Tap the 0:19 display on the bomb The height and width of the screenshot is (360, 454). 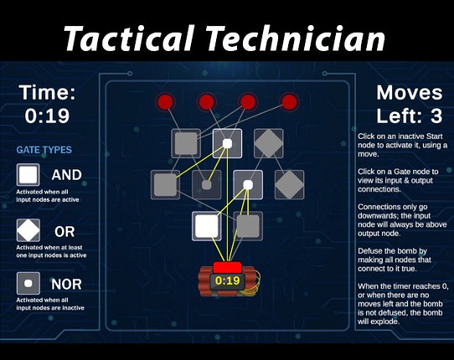228,281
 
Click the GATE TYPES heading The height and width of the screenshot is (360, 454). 44,150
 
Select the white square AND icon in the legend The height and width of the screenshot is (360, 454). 28,175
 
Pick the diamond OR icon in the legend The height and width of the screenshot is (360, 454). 28,229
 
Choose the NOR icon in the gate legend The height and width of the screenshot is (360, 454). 28,284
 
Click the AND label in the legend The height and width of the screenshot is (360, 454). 67,175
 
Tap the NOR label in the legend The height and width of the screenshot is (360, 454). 67,285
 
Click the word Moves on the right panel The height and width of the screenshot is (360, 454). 409,93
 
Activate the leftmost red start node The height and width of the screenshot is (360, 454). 165,103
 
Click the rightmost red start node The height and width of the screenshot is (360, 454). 289,103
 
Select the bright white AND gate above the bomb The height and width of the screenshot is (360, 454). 207,226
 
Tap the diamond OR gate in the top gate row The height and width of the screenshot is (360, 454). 268,143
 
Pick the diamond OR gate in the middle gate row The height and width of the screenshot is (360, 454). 289,184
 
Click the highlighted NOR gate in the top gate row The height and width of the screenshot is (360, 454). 227,143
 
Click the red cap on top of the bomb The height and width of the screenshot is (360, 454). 227,266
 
